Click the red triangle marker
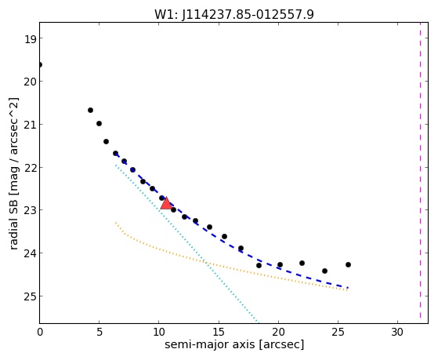(x=166, y=203)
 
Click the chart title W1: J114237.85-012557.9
(x=234, y=14)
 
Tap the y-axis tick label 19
(x=30, y=39)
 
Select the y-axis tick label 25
(x=30, y=296)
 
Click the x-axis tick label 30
(x=397, y=332)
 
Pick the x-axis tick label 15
(x=219, y=332)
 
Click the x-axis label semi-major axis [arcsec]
(x=234, y=344)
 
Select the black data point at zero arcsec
(x=40, y=65)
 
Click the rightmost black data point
(x=348, y=264)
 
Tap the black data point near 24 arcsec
(x=324, y=271)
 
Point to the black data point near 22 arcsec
(x=302, y=263)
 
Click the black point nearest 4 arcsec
(x=91, y=111)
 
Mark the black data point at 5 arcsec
(x=99, y=123)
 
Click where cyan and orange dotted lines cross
(x=206, y=263)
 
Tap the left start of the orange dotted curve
(x=116, y=223)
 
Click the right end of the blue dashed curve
(x=348, y=288)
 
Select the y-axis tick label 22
(x=30, y=168)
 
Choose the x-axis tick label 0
(x=40, y=332)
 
